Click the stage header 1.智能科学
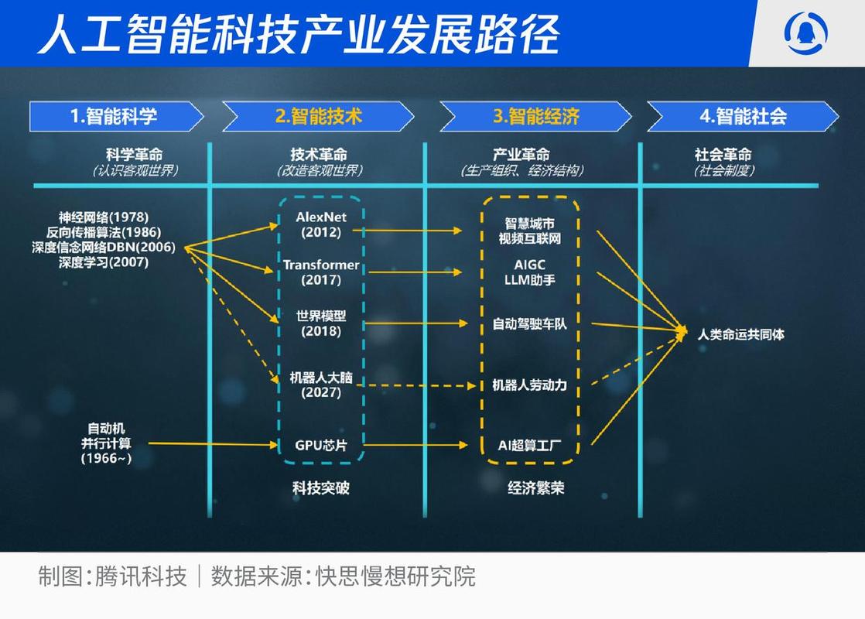point(115,116)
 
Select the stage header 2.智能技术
point(318,116)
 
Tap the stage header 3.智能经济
point(535,116)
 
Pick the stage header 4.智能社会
point(742,116)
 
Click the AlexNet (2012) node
point(321,224)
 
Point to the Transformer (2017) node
point(321,272)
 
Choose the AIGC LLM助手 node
point(530,272)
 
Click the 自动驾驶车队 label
point(530,323)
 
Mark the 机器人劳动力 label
point(530,385)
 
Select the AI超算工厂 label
point(530,446)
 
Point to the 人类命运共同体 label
point(740,335)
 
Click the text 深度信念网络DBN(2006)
point(104,247)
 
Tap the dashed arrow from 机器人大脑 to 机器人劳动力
point(418,385)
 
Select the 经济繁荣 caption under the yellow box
point(536,488)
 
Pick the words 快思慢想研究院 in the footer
point(395,576)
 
